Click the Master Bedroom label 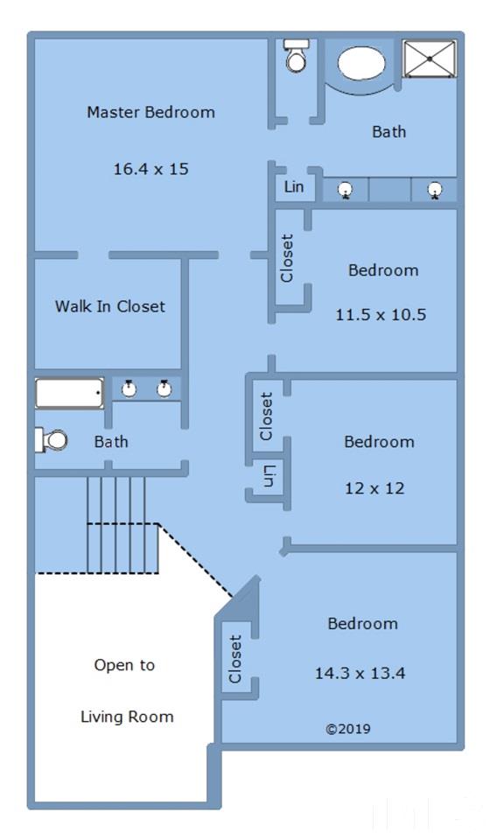[x=151, y=113]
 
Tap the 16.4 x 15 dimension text [x=151, y=169]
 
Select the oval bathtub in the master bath [x=361, y=63]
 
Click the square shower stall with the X [x=430, y=59]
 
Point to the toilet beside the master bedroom [x=296, y=55]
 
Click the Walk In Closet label [x=109, y=306]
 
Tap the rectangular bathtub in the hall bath [x=70, y=393]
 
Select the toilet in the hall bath [x=52, y=440]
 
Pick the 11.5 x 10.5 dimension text [x=381, y=314]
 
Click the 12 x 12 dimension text [x=374, y=488]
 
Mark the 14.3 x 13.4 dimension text [x=360, y=673]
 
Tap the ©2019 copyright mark [x=348, y=729]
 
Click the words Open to [x=124, y=665]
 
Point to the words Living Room [x=127, y=717]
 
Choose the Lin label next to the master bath [x=294, y=187]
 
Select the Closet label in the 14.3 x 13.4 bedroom [x=235, y=659]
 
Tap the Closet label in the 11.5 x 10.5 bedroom [x=287, y=258]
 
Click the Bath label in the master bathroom [x=388, y=132]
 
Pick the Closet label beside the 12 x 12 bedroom [x=266, y=416]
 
